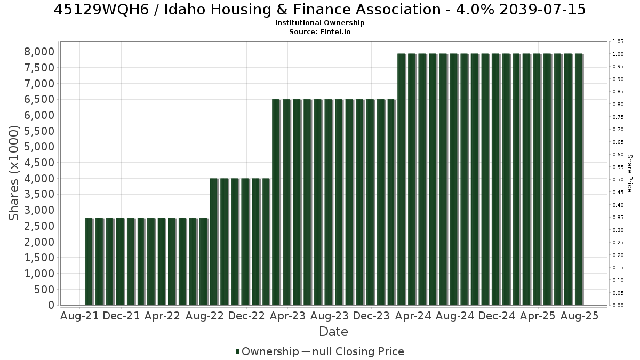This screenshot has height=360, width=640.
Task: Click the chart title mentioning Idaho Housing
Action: click(319, 10)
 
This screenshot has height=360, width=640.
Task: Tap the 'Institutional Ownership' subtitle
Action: click(319, 23)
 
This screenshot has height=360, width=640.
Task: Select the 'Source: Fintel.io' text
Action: click(319, 31)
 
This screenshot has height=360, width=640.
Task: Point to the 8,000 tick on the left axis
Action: click(39, 52)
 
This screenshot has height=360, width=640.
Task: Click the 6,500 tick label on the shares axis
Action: click(39, 99)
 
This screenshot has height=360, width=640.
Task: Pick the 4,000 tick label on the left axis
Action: click(39, 179)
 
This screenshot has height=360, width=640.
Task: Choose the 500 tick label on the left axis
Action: click(44, 290)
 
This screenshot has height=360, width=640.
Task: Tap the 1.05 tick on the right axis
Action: click(618, 42)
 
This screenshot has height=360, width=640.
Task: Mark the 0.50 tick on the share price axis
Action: click(618, 179)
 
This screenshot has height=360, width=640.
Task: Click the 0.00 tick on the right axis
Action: click(618, 306)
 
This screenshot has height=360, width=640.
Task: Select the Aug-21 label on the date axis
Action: click(79, 316)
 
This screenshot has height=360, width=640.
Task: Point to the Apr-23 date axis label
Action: click(287, 316)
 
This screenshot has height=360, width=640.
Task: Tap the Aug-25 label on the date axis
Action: click(580, 316)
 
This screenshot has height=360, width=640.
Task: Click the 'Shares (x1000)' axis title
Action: click(14, 173)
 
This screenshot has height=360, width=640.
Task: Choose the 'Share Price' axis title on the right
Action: click(629, 173)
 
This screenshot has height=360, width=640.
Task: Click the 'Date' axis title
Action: click(333, 332)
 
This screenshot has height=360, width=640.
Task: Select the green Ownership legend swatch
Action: click(237, 351)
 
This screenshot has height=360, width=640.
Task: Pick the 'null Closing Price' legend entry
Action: click(358, 351)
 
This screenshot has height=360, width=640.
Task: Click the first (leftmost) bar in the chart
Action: click(89, 262)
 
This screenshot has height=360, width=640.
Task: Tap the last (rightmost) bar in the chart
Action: click(579, 179)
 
